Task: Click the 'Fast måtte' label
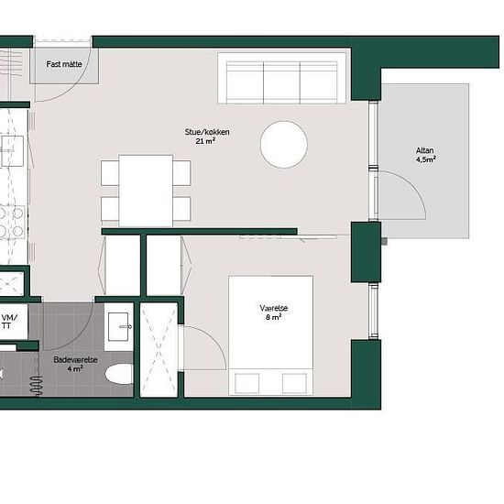click(x=64, y=64)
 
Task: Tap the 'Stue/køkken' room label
click(x=207, y=132)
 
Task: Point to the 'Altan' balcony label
click(x=424, y=150)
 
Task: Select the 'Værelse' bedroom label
click(x=274, y=308)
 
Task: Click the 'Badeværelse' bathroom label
click(x=75, y=360)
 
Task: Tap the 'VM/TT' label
click(x=9, y=322)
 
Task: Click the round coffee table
click(x=284, y=145)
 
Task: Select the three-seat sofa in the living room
click(x=281, y=78)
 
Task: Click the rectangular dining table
click(x=146, y=191)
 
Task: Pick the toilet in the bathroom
click(x=119, y=374)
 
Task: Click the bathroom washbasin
click(x=118, y=326)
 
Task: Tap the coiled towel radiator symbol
click(x=37, y=386)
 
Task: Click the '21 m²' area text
click(x=205, y=141)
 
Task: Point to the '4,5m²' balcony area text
click(x=426, y=159)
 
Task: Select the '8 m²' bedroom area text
click(x=274, y=317)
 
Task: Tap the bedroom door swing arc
click(x=214, y=339)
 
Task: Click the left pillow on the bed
click(x=247, y=383)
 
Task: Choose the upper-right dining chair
click(x=182, y=173)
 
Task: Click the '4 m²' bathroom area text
click(x=75, y=368)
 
